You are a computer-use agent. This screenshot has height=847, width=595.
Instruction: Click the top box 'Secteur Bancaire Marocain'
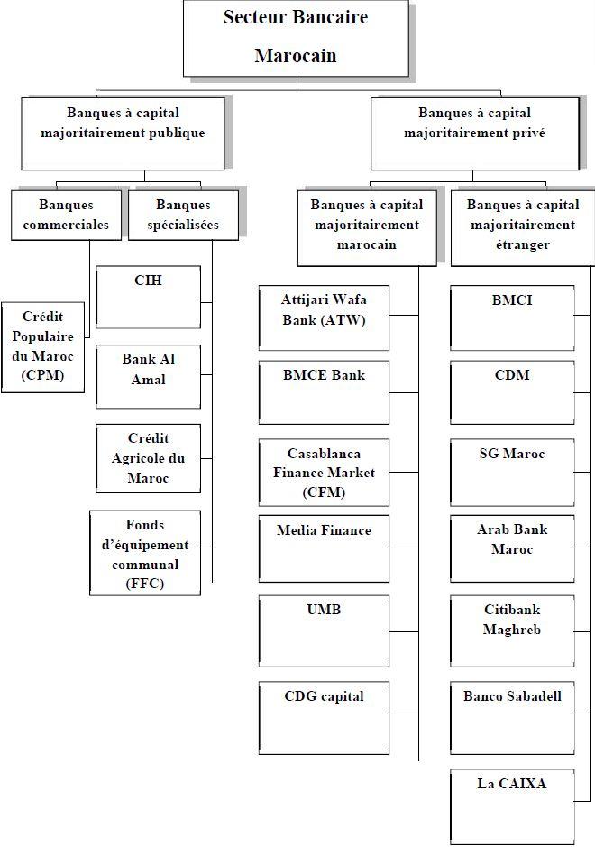coord(295,38)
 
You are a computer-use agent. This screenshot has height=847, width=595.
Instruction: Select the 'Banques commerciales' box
coord(66,215)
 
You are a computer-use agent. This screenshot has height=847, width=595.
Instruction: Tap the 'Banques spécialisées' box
coord(183,215)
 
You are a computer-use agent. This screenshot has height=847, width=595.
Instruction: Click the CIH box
coord(148,297)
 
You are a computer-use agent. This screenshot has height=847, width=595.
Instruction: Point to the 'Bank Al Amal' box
coord(148,376)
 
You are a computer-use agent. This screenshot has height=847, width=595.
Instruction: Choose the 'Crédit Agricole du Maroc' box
coord(148,458)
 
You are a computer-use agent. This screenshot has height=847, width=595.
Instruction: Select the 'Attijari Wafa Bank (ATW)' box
coord(324,318)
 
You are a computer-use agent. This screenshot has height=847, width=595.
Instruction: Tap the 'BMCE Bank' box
coord(324,392)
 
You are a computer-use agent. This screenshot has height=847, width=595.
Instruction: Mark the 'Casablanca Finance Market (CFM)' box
coord(324,473)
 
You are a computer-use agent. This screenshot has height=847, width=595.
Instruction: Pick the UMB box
coord(324,630)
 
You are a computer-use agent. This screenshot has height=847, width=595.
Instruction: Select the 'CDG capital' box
coord(324,716)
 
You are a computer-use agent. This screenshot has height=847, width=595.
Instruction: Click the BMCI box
coord(512,318)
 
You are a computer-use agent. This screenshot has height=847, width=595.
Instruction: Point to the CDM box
coord(512,392)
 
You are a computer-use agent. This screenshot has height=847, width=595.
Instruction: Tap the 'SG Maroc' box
coord(512,473)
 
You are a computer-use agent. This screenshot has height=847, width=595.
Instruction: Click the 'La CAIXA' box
coord(512,805)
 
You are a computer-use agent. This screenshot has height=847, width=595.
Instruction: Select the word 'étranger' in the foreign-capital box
coord(523,244)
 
